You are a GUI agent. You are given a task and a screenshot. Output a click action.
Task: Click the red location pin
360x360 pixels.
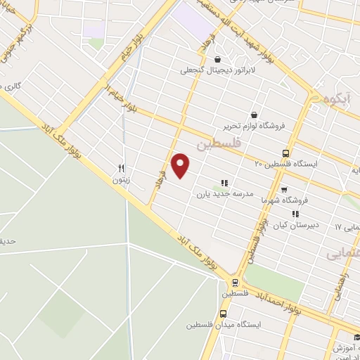click(x=181, y=165)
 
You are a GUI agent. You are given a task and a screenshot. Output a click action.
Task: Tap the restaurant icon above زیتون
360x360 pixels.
click(x=121, y=169)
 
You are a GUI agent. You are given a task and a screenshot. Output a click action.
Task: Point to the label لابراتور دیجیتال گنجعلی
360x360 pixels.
click(x=214, y=70)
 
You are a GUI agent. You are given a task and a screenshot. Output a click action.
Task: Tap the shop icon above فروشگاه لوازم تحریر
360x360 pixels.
click(x=253, y=115)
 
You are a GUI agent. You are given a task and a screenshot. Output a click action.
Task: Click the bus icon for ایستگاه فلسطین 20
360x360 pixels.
click(x=285, y=153)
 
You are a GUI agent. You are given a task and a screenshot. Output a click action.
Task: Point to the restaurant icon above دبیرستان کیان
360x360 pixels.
click(x=295, y=214)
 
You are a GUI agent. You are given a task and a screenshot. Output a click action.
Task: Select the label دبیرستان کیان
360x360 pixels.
click(x=296, y=225)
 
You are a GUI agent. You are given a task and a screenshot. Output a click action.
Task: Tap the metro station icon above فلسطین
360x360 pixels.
click(x=235, y=283)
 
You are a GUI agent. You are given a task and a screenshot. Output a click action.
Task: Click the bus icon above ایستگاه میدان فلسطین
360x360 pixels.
click(x=223, y=314)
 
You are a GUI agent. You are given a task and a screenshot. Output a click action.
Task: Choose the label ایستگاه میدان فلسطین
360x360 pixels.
click(x=224, y=325)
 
